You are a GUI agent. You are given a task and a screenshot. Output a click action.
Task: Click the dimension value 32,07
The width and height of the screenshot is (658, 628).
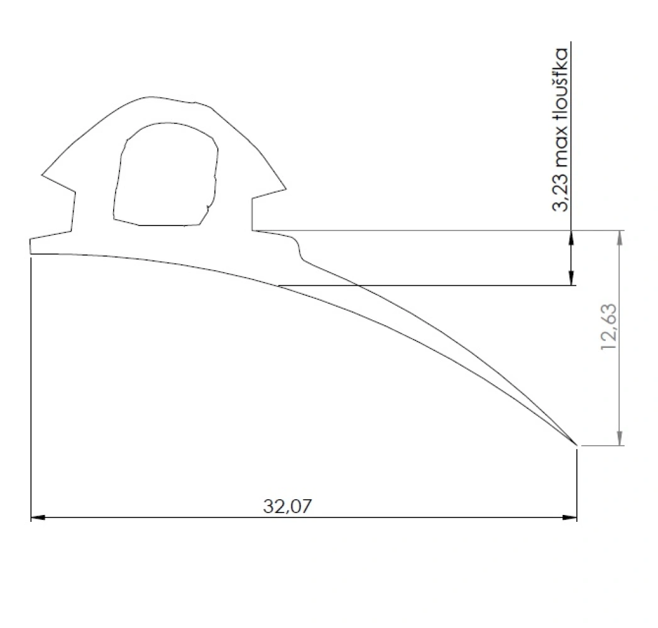(287, 506)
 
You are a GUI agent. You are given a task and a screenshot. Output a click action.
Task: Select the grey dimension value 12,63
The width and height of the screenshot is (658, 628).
(609, 327)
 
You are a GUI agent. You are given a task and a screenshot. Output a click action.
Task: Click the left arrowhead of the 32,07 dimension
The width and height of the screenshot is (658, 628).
(38, 517)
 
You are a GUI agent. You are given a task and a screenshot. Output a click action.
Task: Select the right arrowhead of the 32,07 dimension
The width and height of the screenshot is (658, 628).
(569, 517)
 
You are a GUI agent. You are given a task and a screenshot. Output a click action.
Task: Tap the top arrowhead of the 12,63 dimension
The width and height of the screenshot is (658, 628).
(620, 237)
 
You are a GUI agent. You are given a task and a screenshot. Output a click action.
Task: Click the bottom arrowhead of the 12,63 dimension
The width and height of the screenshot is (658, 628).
(620, 438)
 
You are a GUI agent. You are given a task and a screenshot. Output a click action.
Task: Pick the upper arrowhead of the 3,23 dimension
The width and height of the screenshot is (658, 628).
(571, 237)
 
